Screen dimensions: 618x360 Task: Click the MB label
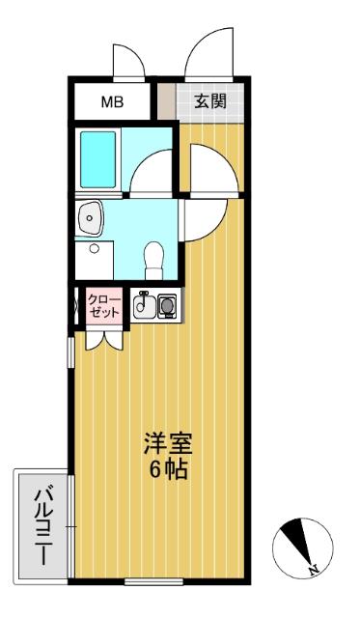click(114, 101)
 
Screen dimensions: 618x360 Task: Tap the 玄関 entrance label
click(209, 101)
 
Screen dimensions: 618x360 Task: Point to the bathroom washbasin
click(92, 219)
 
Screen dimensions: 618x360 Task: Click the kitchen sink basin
click(143, 306)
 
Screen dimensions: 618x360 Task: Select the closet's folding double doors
click(102, 337)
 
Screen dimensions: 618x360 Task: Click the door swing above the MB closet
click(127, 60)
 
